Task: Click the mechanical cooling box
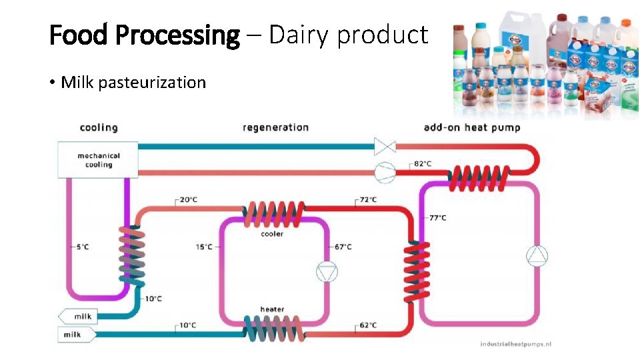(98, 160)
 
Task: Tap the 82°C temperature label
(422, 163)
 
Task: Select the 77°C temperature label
(437, 217)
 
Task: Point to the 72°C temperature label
(368, 199)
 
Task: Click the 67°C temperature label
(343, 247)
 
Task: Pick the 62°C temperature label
(368, 325)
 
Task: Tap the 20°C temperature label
(189, 199)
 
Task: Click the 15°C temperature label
(204, 247)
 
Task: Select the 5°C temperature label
(82, 247)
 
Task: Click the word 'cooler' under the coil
(271, 234)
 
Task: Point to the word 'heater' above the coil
(271, 309)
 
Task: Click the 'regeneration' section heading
(275, 127)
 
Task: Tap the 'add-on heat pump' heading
(472, 127)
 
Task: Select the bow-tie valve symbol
(385, 146)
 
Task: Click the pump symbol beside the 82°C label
(385, 171)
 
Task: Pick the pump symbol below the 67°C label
(327, 271)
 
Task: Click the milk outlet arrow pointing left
(77, 316)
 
